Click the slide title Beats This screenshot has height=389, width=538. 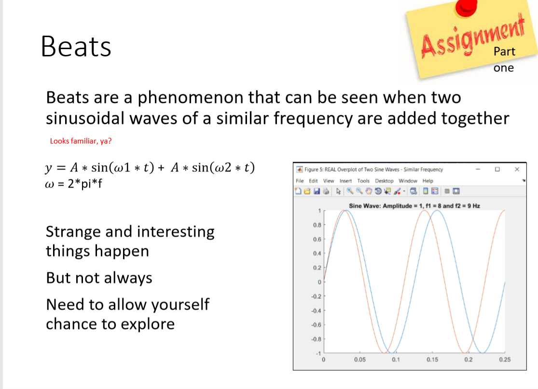pos(76,47)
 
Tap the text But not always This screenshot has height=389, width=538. pos(99,278)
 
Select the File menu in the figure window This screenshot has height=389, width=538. pos(300,181)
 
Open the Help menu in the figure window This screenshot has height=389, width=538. pos(428,181)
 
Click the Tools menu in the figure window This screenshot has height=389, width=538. pos(363,181)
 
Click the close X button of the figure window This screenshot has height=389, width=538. pos(517,169)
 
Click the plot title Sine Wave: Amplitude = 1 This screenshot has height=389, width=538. pos(414,206)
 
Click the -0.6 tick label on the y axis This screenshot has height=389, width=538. pos(317,325)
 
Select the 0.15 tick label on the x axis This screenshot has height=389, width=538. pos(432,360)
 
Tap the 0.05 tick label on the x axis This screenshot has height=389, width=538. pos(359,360)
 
